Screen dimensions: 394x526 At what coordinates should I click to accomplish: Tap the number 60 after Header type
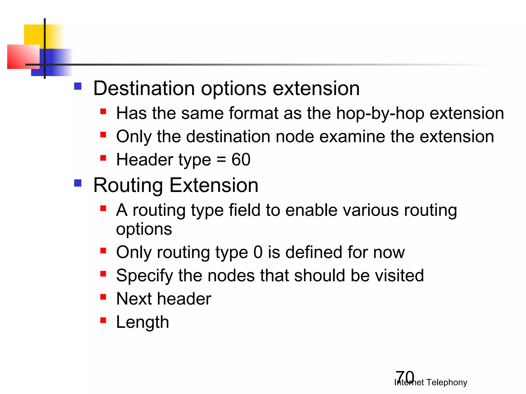click(241, 160)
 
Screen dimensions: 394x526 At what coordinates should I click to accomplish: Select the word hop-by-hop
click(380, 113)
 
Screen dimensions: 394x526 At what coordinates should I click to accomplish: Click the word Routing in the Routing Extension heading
click(128, 185)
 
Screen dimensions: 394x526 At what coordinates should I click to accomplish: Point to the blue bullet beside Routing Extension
click(78, 183)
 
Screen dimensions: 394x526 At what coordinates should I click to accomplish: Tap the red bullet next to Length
click(103, 320)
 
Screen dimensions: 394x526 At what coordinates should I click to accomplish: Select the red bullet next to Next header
click(103, 297)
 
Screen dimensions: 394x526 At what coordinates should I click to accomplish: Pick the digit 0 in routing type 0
click(258, 252)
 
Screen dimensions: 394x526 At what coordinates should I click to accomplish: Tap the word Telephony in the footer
click(447, 382)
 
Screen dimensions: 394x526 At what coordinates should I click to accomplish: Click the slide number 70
click(405, 376)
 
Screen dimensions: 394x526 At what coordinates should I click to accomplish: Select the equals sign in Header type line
click(221, 160)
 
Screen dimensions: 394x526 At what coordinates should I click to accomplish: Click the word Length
click(143, 322)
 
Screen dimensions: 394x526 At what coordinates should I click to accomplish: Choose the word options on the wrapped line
click(144, 229)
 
